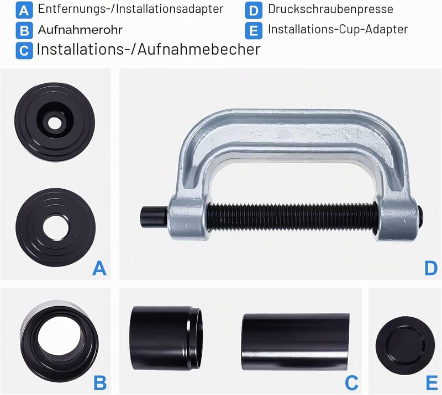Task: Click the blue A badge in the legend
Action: click(24, 10)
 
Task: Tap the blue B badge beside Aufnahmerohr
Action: click(24, 30)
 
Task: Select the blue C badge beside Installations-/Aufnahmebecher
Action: click(24, 51)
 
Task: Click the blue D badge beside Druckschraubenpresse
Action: click(254, 10)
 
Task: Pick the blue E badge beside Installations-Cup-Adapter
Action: click(254, 30)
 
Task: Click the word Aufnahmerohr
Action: click(80, 30)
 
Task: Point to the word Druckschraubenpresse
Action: click(330, 9)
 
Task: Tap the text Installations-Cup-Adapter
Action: click(338, 29)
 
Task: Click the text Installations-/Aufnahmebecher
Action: click(149, 49)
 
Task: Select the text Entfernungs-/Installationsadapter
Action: click(130, 9)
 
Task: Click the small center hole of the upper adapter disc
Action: click(54, 123)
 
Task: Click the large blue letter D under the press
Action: click(431, 268)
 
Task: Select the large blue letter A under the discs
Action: click(99, 268)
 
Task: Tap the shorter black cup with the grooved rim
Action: click(166, 338)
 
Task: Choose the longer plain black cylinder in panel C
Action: click(296, 342)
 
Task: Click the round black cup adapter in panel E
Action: click(405, 345)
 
